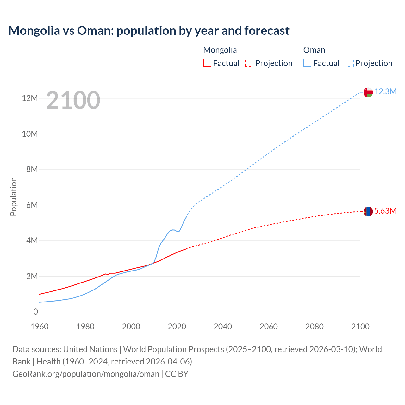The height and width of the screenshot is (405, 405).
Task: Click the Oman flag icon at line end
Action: pyautogui.click(x=368, y=92)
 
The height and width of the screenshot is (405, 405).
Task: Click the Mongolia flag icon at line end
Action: pyautogui.click(x=368, y=211)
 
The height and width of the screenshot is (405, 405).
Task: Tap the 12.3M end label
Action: pyautogui.click(x=385, y=91)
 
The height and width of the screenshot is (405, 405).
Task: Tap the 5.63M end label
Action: pyautogui.click(x=385, y=211)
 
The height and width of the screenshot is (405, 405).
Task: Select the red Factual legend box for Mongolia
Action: pyautogui.click(x=207, y=63)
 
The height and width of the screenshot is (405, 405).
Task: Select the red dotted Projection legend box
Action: pyautogui.click(x=249, y=63)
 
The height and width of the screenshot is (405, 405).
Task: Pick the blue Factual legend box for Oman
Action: pyautogui.click(x=307, y=63)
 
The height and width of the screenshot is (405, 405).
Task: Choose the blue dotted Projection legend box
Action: pyautogui.click(x=349, y=63)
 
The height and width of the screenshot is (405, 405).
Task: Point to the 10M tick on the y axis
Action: pyautogui.click(x=30, y=134)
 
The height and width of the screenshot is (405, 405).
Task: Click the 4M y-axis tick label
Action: pyautogui.click(x=32, y=240)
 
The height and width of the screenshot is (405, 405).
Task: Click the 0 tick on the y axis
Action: pyautogui.click(x=35, y=312)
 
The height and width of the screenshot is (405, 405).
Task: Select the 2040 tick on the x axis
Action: pyautogui.click(x=223, y=327)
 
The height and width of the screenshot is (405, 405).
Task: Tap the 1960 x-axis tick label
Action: pyautogui.click(x=40, y=327)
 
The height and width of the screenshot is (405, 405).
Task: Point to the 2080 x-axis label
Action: pyautogui.click(x=315, y=327)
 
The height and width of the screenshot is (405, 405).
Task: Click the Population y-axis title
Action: pyautogui.click(x=13, y=196)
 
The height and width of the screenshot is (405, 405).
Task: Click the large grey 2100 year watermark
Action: pyautogui.click(x=73, y=100)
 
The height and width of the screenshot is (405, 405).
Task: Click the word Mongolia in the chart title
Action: pyautogui.click(x=34, y=31)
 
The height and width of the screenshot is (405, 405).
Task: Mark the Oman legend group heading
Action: pyautogui.click(x=314, y=50)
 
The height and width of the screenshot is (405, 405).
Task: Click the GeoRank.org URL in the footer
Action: pyautogui.click(x=86, y=374)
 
